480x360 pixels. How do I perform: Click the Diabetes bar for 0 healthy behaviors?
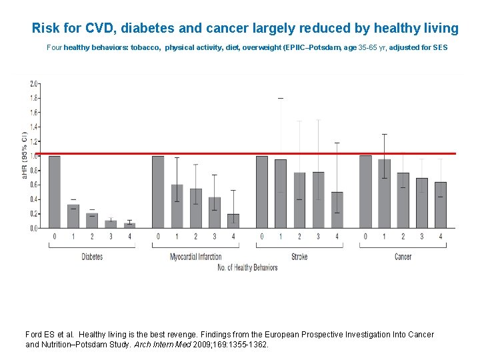[54, 192]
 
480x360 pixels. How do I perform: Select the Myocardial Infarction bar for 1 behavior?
[177, 206]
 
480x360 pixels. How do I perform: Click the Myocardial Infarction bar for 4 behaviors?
[233, 221]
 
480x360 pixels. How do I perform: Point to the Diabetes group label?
[92, 257]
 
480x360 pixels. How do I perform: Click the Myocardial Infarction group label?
[195, 257]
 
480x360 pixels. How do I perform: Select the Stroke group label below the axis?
[299, 257]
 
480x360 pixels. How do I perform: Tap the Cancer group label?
[403, 257]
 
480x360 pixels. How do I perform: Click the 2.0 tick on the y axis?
[33, 84]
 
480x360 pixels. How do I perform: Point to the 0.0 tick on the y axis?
[33, 228]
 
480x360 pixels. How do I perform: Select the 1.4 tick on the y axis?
[33, 127]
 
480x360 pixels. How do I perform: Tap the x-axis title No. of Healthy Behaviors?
[247, 268]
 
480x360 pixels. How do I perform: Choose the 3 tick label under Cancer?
[421, 237]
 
